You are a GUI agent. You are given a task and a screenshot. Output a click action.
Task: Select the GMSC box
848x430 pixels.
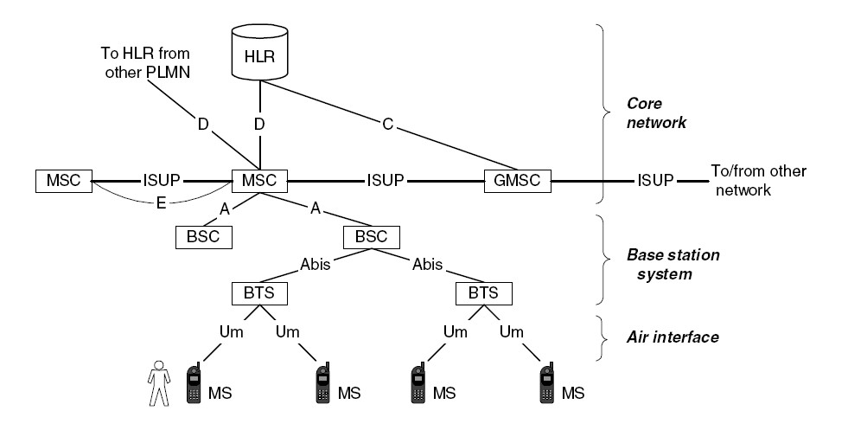tap(516, 182)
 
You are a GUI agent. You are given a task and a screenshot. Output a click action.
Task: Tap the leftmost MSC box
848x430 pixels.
tap(62, 183)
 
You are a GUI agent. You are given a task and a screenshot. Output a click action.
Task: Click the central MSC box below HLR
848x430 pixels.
tap(258, 183)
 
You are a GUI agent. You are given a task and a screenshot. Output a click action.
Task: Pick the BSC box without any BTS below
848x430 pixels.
tap(204, 235)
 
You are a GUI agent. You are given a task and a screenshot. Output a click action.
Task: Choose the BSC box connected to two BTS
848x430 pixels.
tap(372, 235)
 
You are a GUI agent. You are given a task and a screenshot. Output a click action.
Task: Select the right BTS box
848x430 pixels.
tap(483, 292)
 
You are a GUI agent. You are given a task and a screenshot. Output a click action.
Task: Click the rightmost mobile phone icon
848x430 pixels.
tap(546, 384)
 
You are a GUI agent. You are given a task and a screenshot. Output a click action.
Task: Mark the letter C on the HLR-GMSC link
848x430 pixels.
tap(388, 125)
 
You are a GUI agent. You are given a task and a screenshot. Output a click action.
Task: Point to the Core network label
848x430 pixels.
tap(656, 113)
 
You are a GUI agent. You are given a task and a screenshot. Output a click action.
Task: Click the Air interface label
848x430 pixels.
tap(673, 337)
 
